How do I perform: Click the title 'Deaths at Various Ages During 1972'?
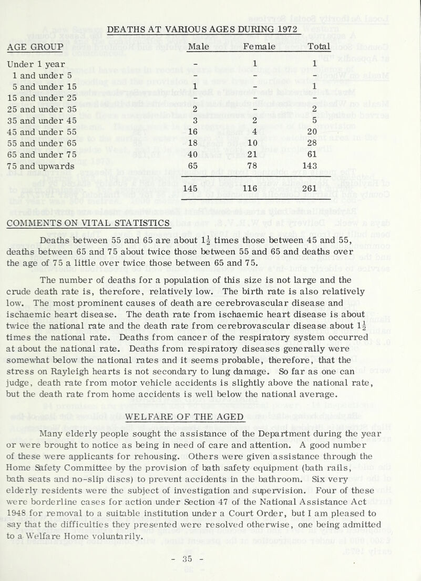(202, 28)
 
